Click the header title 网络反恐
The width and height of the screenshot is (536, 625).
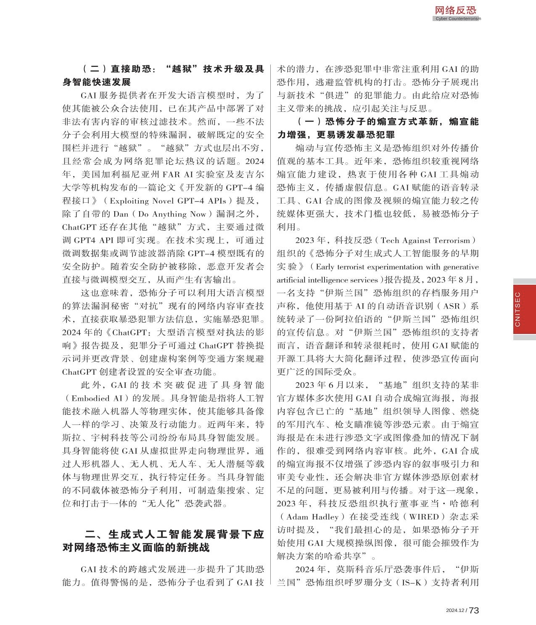455,10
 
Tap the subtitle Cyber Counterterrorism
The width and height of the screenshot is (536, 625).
458,19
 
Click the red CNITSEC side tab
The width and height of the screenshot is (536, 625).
524,309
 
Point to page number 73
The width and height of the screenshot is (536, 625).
474,611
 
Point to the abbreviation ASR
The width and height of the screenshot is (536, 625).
452,306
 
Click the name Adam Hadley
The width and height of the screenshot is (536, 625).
312,517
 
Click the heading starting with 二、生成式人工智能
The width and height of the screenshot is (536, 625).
163,541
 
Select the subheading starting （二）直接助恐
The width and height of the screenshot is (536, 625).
163,75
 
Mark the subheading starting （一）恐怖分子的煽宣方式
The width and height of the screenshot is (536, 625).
378,128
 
